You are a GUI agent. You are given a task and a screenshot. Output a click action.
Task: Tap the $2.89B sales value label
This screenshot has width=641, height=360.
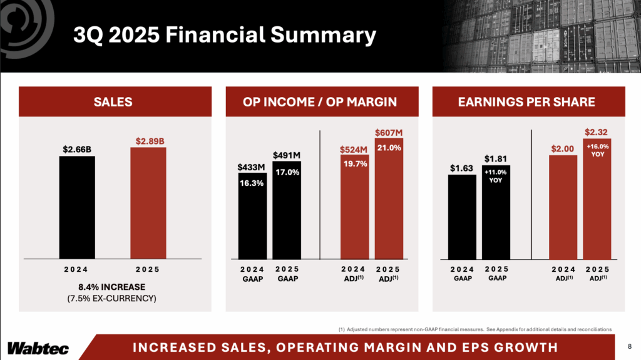(148, 140)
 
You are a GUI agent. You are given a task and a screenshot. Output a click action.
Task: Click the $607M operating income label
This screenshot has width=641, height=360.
(388, 132)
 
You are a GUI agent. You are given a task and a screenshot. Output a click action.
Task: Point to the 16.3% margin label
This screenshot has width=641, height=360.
(252, 183)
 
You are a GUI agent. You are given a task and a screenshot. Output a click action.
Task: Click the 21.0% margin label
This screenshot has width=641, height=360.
(389, 148)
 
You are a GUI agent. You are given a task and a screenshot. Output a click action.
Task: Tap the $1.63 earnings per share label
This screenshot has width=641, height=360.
(462, 168)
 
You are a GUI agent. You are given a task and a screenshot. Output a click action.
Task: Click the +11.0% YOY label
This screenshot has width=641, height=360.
(496, 175)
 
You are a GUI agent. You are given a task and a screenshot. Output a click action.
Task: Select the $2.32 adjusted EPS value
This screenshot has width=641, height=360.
(597, 132)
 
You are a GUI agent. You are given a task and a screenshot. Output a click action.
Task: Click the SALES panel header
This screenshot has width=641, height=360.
(113, 102)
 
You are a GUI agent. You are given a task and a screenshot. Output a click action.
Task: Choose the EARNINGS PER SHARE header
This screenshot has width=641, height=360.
(529, 102)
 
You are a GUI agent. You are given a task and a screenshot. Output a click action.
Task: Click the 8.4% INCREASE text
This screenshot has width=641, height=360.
(111, 287)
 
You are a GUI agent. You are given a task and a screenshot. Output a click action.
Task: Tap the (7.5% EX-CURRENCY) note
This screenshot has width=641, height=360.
(111, 299)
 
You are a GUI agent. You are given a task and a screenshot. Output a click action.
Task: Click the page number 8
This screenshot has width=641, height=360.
(629, 346)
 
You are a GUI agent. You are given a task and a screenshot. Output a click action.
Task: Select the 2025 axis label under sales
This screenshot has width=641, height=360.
(148, 270)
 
